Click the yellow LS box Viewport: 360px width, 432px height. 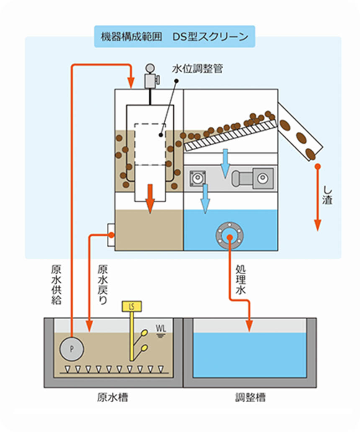(131, 307)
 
